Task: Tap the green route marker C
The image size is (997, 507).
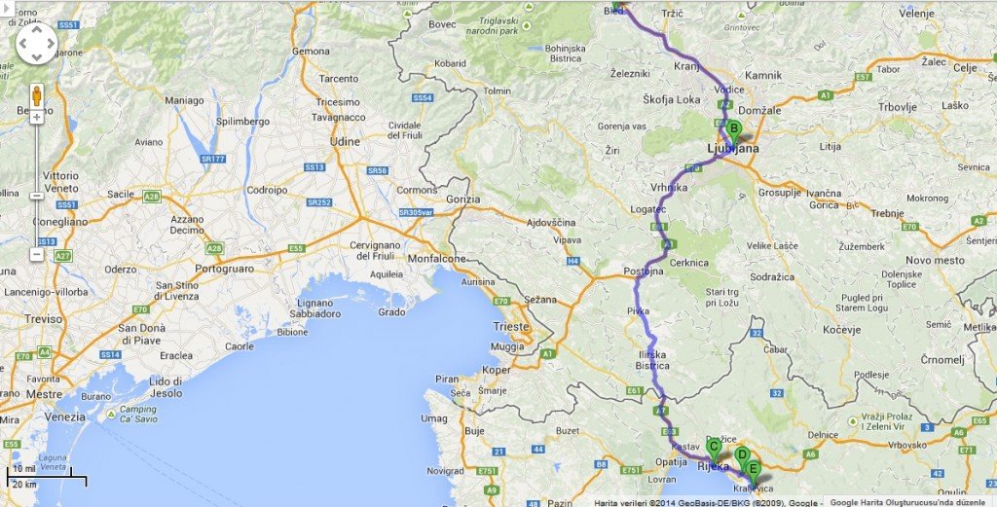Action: (714, 448)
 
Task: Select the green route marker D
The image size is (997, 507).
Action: (742, 454)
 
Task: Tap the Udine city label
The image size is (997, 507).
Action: (345, 143)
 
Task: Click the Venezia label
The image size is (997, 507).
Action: (65, 416)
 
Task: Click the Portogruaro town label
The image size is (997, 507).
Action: (232, 269)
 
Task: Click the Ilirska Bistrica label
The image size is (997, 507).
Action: (652, 359)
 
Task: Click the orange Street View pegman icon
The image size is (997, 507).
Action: (37, 95)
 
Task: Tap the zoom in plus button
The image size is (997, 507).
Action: (37, 118)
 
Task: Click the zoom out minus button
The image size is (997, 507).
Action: (37, 254)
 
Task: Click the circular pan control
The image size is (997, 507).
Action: (37, 43)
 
